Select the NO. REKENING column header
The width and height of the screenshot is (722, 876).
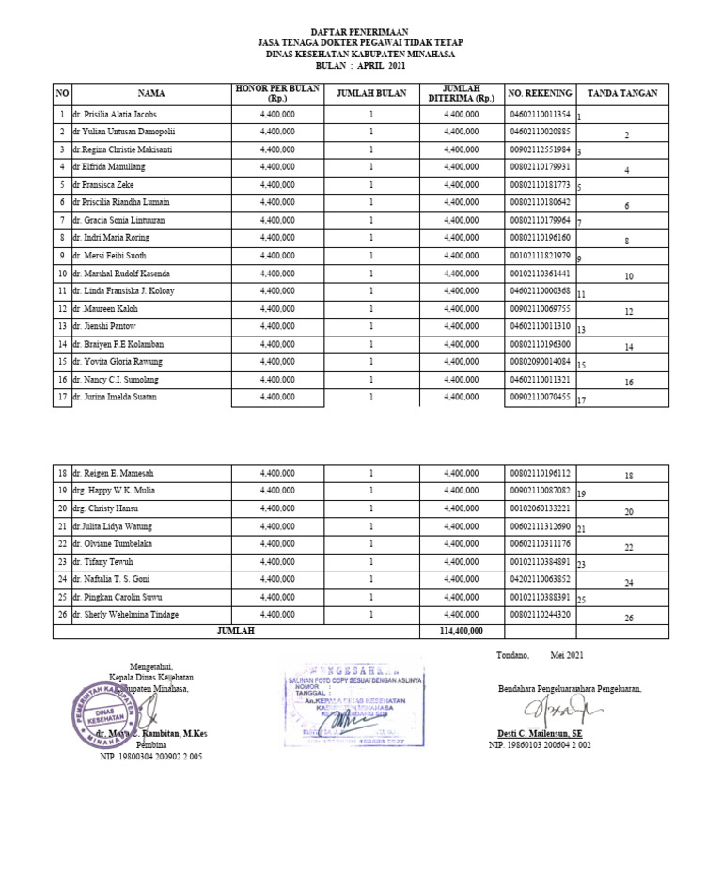(x=539, y=94)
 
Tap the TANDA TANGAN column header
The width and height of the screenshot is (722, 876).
(x=621, y=94)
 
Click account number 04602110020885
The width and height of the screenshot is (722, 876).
(x=539, y=133)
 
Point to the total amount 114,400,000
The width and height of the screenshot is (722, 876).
(x=460, y=632)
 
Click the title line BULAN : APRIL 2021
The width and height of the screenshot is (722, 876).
(x=360, y=66)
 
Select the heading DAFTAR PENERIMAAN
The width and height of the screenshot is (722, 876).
(x=360, y=32)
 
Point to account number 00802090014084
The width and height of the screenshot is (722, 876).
(x=539, y=362)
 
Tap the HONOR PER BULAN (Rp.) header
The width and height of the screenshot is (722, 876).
(x=277, y=93)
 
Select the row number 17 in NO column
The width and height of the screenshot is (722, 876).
(x=61, y=397)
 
